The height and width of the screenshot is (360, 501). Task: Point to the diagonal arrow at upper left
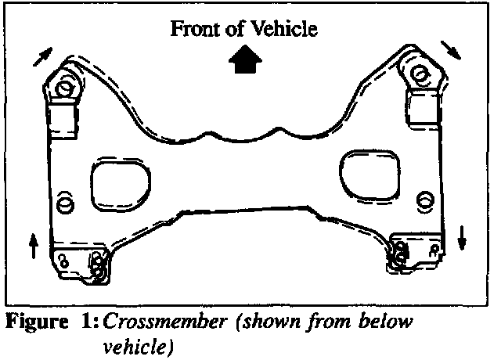coord(45,56)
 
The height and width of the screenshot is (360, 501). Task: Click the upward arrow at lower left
coord(33,246)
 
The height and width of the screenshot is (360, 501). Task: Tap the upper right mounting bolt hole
coord(420,75)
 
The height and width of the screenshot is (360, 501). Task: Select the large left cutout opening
coord(117,185)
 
